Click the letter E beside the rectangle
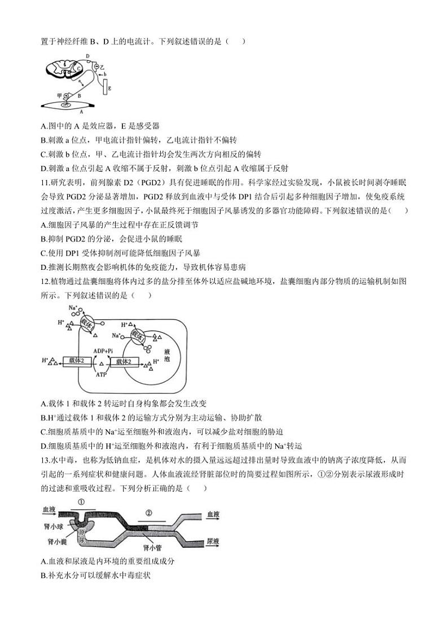(x=109, y=89)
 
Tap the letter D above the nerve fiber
(x=87, y=55)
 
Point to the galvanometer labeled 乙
(x=96, y=67)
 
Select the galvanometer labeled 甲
(x=67, y=95)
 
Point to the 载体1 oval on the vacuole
(x=138, y=335)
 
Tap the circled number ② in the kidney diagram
(x=149, y=513)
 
